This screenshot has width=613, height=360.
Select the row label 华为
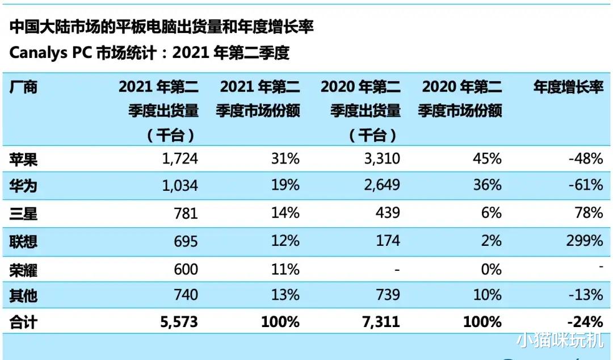tap(23, 186)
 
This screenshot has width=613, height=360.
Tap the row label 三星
tap(23, 214)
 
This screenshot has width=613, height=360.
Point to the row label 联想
tap(23, 241)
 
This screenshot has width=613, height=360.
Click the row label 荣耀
tap(23, 269)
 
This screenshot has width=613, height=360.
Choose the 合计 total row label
tap(23, 323)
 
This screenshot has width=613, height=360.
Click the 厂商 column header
tap(23, 87)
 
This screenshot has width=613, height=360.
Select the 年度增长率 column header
tap(568, 87)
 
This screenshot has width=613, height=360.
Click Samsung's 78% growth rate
tap(589, 214)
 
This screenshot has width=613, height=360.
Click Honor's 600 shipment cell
tap(186, 269)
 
